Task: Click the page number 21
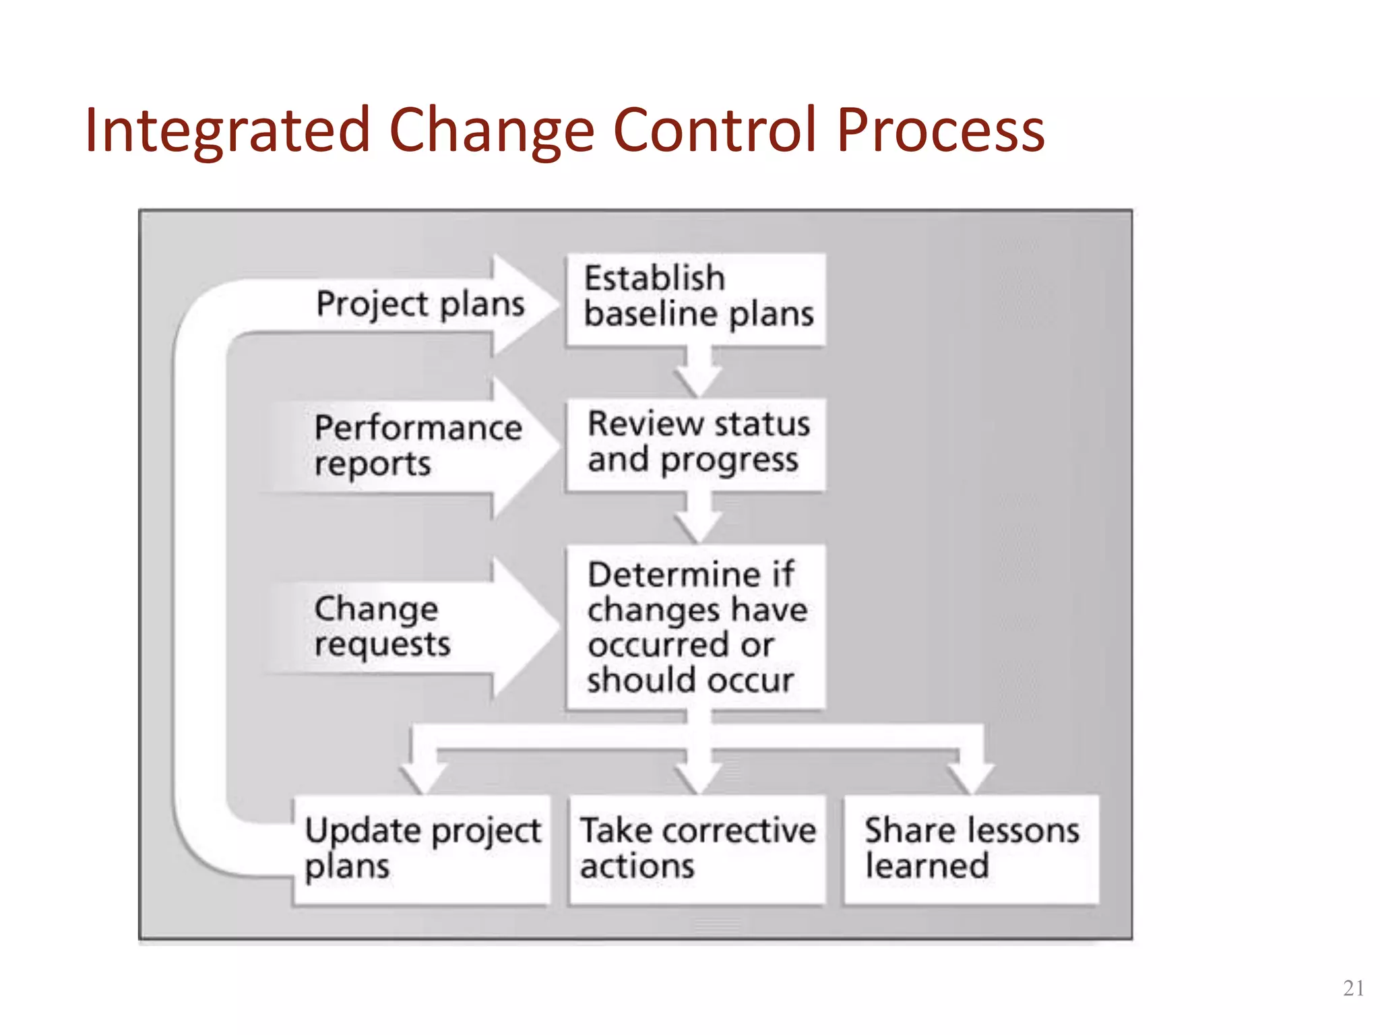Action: coord(1353,988)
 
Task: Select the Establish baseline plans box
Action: coord(696,299)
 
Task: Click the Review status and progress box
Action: coord(696,444)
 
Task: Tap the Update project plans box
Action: coord(422,849)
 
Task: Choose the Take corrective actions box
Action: coord(697,849)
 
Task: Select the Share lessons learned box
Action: coord(971,849)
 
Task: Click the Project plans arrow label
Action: coord(420,304)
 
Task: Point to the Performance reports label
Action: coord(418,445)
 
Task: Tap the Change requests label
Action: coord(381,626)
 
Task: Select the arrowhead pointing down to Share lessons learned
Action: coord(970,775)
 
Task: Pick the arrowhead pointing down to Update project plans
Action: coord(424,775)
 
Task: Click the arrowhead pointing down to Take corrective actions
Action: coord(699,775)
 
